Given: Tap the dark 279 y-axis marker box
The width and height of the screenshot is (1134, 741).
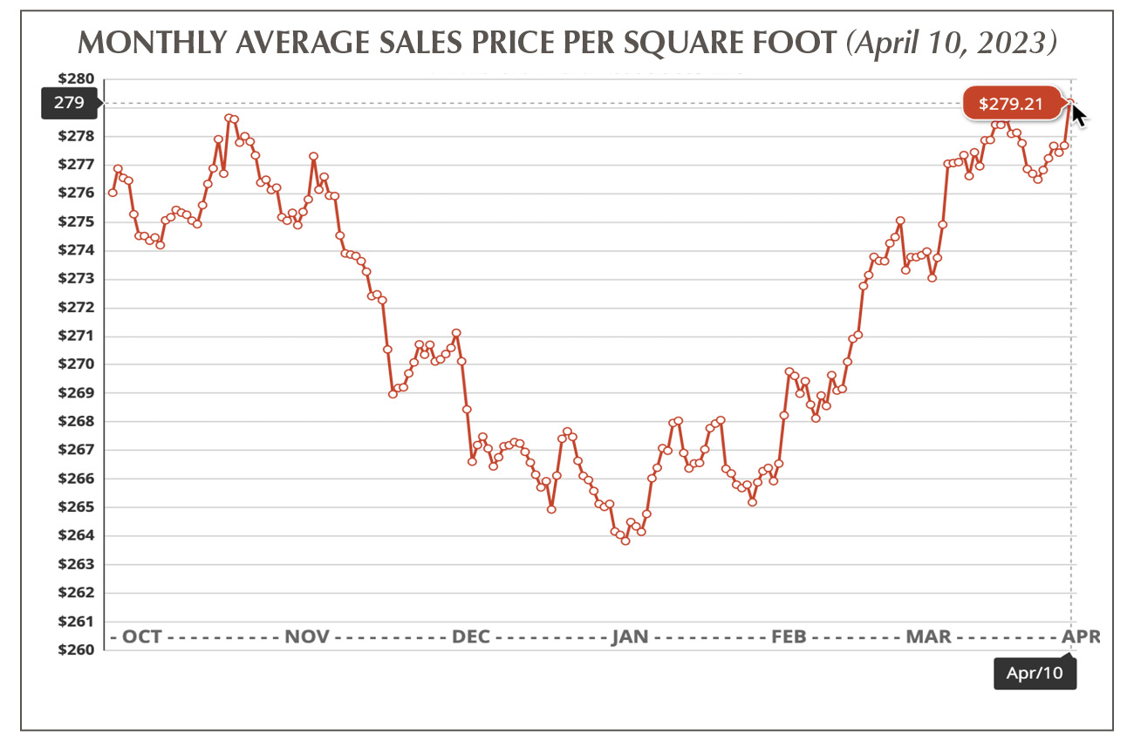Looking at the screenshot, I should point(68,103).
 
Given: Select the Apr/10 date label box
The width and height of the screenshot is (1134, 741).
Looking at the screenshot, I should point(1034,673).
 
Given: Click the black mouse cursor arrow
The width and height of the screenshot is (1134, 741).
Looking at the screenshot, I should point(1079,114).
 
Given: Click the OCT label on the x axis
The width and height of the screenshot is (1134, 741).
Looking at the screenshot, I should point(141,636).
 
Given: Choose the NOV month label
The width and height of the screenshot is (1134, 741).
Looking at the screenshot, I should point(307,636).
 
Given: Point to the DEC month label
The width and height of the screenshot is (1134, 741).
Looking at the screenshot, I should point(470,636).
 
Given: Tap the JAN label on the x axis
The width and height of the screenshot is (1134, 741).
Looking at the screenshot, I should point(630,636).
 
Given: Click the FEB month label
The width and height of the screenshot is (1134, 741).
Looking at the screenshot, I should point(788,636).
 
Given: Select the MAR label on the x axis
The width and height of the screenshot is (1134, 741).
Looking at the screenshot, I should point(928,636).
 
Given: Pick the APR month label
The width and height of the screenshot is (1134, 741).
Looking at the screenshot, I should point(1082,636).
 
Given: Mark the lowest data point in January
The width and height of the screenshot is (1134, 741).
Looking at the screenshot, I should point(625,540).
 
